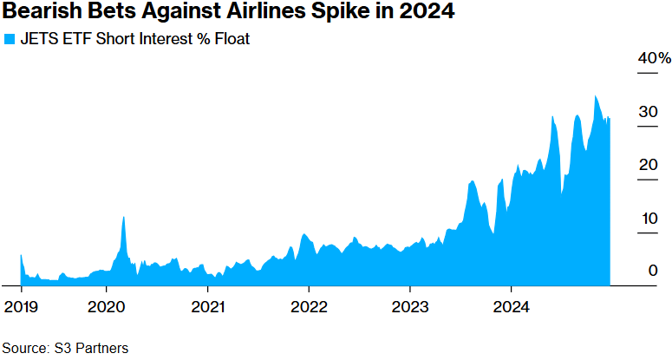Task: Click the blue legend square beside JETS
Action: (10, 39)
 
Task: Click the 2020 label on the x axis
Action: (106, 306)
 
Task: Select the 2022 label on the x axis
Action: (308, 306)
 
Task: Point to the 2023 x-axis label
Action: (409, 306)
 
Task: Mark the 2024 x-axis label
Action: (511, 306)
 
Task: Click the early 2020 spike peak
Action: (124, 217)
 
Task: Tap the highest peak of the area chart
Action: (595, 96)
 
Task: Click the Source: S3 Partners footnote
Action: (65, 348)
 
